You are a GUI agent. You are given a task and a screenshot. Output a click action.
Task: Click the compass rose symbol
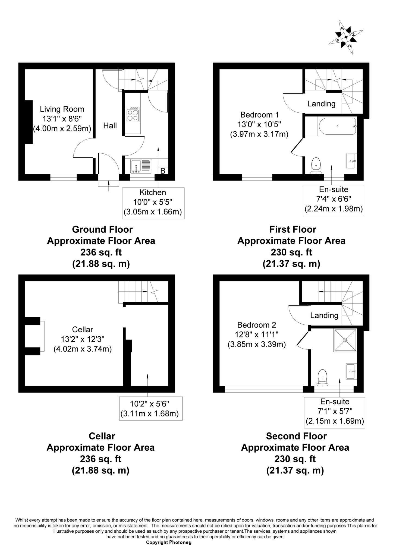point(345,37)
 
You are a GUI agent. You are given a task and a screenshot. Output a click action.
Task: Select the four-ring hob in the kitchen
point(133,115)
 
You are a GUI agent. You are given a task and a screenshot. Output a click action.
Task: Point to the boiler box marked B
point(163,170)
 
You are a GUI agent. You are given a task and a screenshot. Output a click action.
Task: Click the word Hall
point(110,125)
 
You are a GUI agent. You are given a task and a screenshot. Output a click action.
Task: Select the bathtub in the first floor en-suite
point(337,126)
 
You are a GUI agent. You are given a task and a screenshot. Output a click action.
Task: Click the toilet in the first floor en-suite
point(316,166)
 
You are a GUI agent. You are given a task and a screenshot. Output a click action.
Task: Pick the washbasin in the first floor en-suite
point(351,161)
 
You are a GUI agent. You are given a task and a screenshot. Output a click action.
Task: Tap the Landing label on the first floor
point(321,103)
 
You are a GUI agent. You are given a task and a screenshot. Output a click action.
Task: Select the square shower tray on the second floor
point(345,340)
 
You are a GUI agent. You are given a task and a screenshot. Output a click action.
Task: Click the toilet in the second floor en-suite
point(322,377)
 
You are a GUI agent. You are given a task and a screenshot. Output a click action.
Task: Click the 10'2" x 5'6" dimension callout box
point(151,408)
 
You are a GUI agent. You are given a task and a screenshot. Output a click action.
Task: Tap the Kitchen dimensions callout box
point(153,203)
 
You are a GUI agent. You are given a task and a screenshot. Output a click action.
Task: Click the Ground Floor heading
point(102,229)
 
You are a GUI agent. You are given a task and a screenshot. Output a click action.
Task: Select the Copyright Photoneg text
point(169,542)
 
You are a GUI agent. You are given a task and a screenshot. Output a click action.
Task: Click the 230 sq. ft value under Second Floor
point(295,459)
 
